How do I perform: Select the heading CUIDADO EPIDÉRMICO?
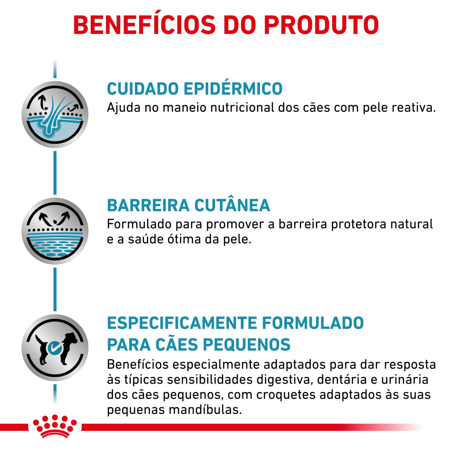pos(194,88)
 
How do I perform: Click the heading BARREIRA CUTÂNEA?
pos(189,205)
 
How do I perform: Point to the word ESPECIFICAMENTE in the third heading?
pos(182,323)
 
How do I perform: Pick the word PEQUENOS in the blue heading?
pos(247,344)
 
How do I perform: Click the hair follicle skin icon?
pos(55,114)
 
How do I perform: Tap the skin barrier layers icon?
pos(55,231)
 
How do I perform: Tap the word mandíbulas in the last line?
pos(205,410)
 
